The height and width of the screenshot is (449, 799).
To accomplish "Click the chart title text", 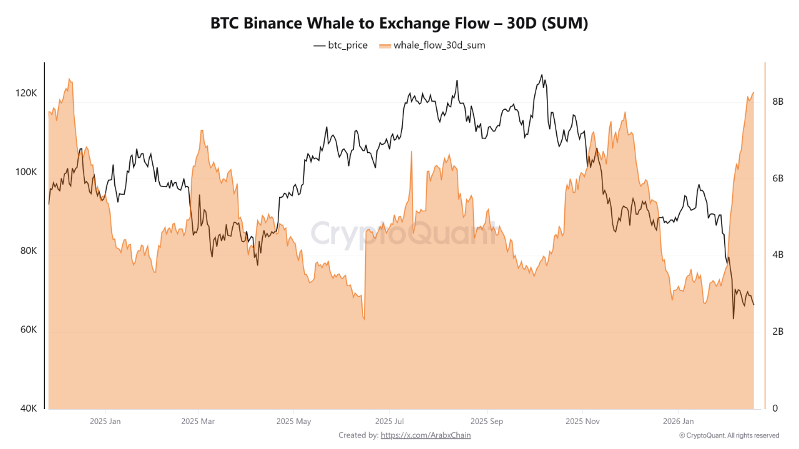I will click(x=399, y=24).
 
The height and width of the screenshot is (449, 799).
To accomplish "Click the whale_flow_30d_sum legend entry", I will click(x=432, y=46).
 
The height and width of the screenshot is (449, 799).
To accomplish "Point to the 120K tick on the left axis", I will click(x=26, y=93).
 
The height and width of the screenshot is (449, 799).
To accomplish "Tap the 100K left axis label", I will click(x=26, y=172).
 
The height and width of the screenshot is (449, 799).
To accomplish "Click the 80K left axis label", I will click(x=28, y=251).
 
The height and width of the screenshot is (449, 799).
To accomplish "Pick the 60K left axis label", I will click(x=28, y=330).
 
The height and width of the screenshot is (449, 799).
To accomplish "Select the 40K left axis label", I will click(x=28, y=408).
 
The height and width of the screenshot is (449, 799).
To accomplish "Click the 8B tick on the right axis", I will click(x=778, y=102).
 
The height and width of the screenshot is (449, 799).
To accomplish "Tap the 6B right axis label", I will click(x=778, y=178).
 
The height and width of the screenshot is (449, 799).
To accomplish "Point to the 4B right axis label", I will click(x=778, y=255).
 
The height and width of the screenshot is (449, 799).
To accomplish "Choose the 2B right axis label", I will click(x=778, y=332).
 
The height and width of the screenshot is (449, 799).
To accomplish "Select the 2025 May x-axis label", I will click(x=293, y=422).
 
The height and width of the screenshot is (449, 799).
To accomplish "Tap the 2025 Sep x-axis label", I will click(x=487, y=422).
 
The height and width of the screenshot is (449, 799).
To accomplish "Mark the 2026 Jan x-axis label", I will click(x=678, y=422).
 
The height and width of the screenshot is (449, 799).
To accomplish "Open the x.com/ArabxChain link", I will click(x=426, y=435).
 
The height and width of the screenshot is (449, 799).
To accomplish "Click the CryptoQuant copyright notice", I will click(x=728, y=435).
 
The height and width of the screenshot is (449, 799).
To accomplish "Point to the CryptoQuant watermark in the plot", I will click(x=403, y=234).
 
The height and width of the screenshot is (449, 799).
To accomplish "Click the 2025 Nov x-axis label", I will click(x=582, y=422).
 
